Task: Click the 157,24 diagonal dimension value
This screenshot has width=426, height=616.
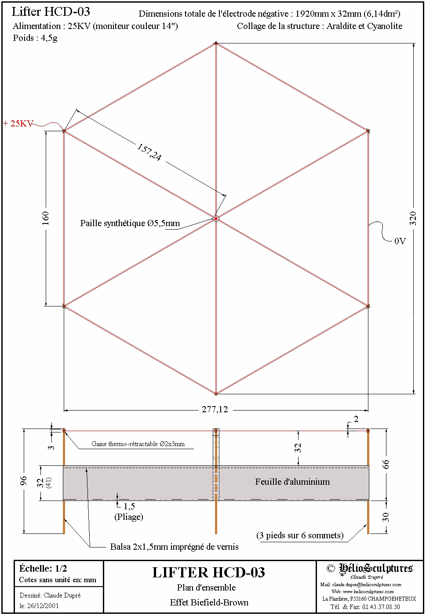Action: point(149,152)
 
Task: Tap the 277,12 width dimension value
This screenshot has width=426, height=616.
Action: point(215,410)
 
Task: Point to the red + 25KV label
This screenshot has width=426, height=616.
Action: point(18,123)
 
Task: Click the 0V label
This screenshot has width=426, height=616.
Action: point(400,241)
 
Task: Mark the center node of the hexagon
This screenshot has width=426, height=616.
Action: point(216,219)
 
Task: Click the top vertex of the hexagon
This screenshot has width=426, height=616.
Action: point(216,43)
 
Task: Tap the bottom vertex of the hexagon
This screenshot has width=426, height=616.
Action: point(216,394)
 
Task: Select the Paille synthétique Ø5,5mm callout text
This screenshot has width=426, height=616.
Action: point(130,223)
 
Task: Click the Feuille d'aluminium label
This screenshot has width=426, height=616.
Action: point(292,482)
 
